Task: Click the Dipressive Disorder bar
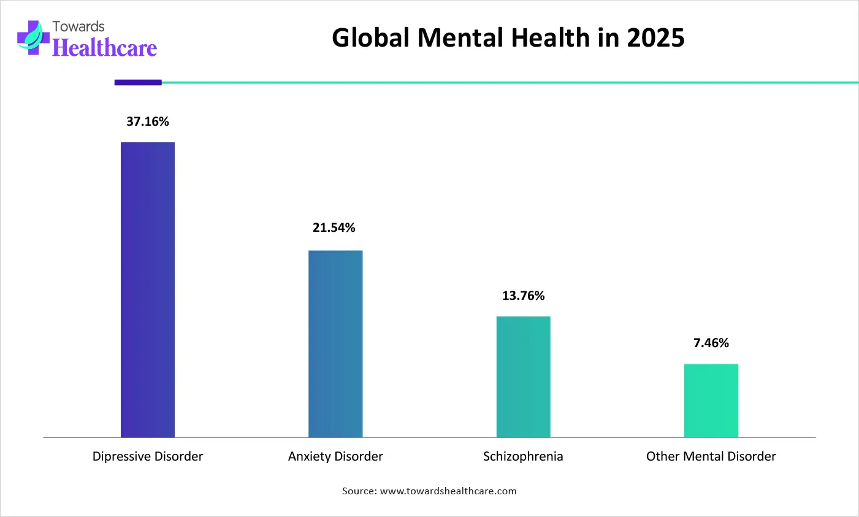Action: coord(148,289)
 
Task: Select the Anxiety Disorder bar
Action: coord(335,343)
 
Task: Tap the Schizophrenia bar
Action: coord(523,377)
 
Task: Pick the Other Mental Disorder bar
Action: coord(711,400)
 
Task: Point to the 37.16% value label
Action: coord(148,121)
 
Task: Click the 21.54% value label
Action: coord(334,228)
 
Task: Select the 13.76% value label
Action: coord(523,296)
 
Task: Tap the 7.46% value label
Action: coord(711,343)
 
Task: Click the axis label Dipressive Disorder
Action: coord(148,456)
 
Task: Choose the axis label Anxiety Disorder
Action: coord(335,456)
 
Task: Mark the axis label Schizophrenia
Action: coord(523,456)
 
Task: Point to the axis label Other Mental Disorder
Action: coord(711,456)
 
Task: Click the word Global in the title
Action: coord(370,38)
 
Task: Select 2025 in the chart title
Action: coord(655,38)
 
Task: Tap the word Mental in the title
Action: coord(460,38)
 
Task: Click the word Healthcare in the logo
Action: coord(105,48)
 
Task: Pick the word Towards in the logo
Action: coord(78,26)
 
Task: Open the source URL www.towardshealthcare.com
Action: coord(448,491)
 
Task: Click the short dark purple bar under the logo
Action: coord(138,82)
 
